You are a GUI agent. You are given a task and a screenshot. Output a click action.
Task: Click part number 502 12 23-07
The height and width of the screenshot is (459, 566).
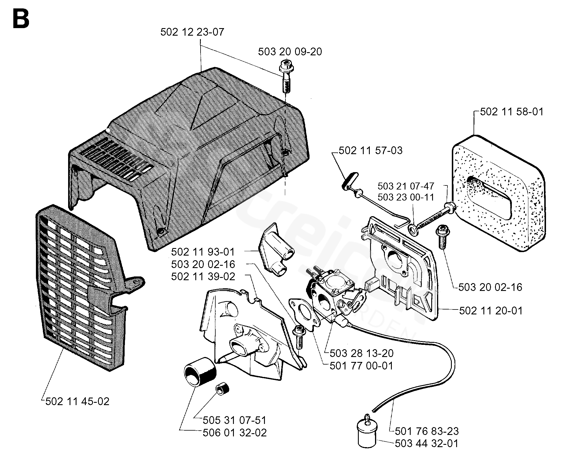pyautogui.click(x=192, y=32)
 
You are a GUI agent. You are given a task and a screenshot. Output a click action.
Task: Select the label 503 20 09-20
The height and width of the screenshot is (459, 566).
pyautogui.click(x=290, y=52)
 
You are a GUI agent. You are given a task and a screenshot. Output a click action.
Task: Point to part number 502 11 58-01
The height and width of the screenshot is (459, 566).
pyautogui.click(x=512, y=112)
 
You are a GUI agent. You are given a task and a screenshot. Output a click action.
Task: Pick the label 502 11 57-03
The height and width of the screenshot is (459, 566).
pyautogui.click(x=370, y=151)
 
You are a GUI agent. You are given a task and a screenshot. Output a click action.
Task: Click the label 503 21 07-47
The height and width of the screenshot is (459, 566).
pyautogui.click(x=406, y=186)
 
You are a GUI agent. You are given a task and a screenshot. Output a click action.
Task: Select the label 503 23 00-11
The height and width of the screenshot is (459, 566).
pyautogui.click(x=406, y=197)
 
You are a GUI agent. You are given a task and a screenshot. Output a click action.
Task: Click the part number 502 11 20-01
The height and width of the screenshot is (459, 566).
pyautogui.click(x=491, y=311)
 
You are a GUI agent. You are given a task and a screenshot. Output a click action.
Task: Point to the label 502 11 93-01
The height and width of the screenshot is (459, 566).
pyautogui.click(x=203, y=252)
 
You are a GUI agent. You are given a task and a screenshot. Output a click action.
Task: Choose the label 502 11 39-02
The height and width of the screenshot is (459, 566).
pyautogui.click(x=203, y=276)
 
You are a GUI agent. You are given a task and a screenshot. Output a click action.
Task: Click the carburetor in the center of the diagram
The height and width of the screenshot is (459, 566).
pyautogui.click(x=333, y=296)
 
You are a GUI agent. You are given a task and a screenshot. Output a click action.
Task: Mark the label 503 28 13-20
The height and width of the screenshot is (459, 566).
pyautogui.click(x=362, y=353)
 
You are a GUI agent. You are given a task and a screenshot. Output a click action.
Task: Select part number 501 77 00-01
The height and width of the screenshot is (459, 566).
pyautogui.click(x=361, y=366)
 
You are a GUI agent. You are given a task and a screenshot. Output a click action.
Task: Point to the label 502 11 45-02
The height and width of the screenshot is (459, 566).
pyautogui.click(x=77, y=401)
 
